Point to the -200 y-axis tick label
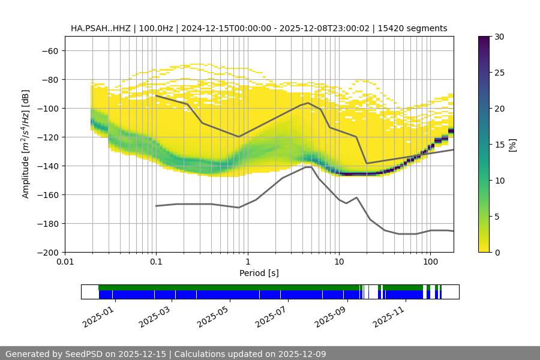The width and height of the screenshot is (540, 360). [x=48, y=252]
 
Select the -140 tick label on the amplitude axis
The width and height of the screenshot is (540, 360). [x=48, y=166]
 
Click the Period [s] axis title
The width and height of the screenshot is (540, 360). [x=259, y=273]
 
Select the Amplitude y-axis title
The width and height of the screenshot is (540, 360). [x=25, y=144]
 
